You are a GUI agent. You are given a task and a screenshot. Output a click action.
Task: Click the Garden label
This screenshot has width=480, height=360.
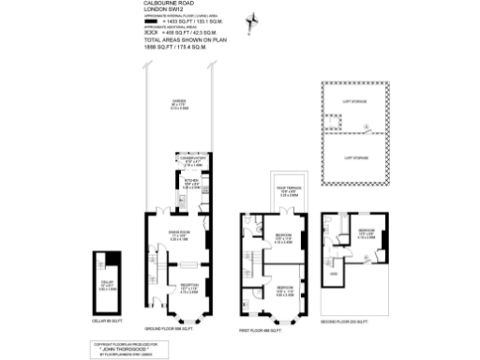point(176,104)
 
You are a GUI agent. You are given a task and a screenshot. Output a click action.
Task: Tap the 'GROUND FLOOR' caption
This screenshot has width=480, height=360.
point(170,328)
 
